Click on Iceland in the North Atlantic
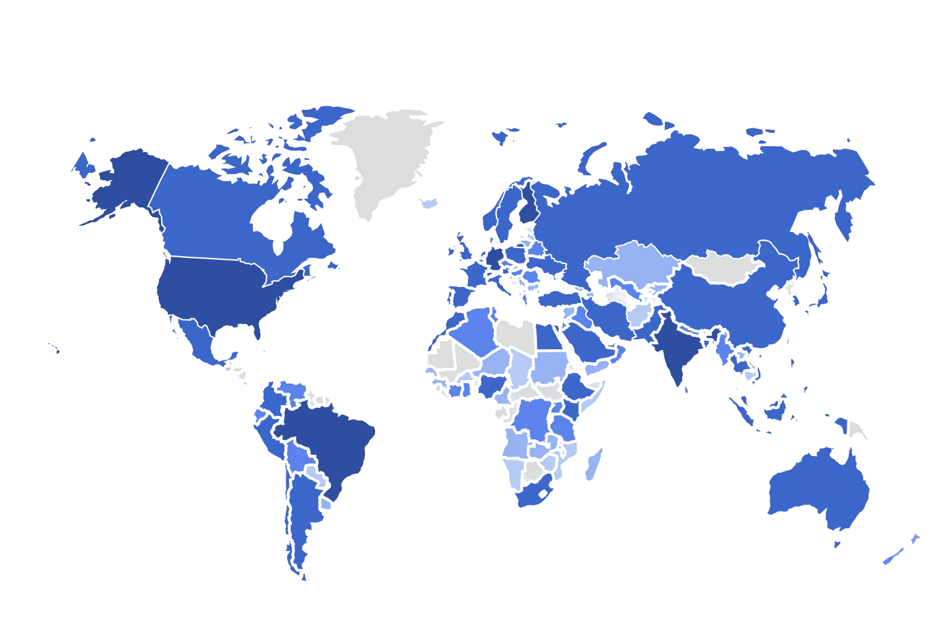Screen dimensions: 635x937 click(x=427, y=204)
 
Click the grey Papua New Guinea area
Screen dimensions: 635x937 click(x=857, y=430)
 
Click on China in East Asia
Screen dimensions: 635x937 click(x=728, y=309)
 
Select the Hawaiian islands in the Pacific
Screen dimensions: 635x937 click(x=55, y=348)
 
